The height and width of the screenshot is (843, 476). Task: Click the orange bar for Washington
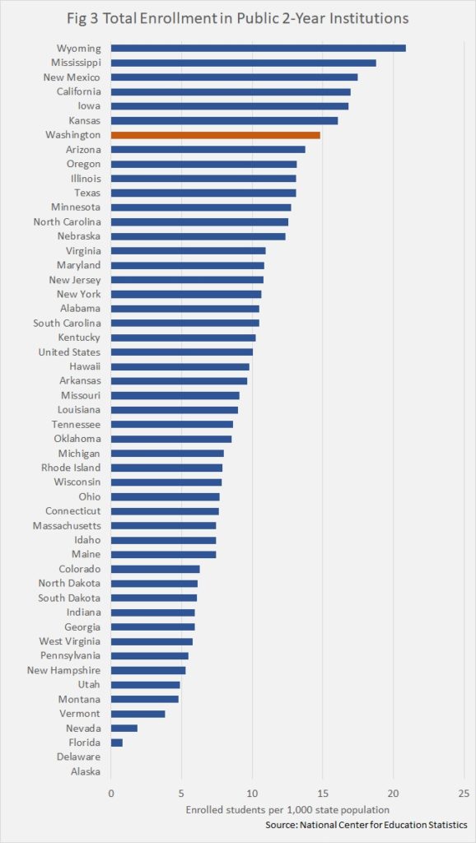tap(215, 135)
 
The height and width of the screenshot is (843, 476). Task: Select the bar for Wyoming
tap(258, 49)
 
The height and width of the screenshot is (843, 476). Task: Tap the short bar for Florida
tap(117, 743)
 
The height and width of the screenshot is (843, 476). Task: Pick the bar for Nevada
tap(124, 728)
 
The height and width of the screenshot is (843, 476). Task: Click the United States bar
tap(182, 352)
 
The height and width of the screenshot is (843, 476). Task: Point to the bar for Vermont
tap(138, 714)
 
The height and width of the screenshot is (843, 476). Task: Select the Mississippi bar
tap(243, 63)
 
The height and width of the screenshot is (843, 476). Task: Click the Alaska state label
tap(86, 771)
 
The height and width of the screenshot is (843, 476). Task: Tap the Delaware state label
tap(79, 757)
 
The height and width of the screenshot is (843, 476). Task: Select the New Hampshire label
tap(64, 670)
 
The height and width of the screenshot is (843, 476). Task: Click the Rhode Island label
tap(71, 468)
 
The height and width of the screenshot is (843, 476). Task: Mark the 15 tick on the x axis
tap(322, 793)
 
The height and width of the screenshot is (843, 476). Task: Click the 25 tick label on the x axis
tap(464, 793)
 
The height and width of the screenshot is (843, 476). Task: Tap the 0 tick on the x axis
tap(111, 793)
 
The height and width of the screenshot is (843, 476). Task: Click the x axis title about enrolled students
tap(287, 810)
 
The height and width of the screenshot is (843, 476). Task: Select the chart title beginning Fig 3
tap(238, 19)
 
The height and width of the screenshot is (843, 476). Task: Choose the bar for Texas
tap(203, 193)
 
